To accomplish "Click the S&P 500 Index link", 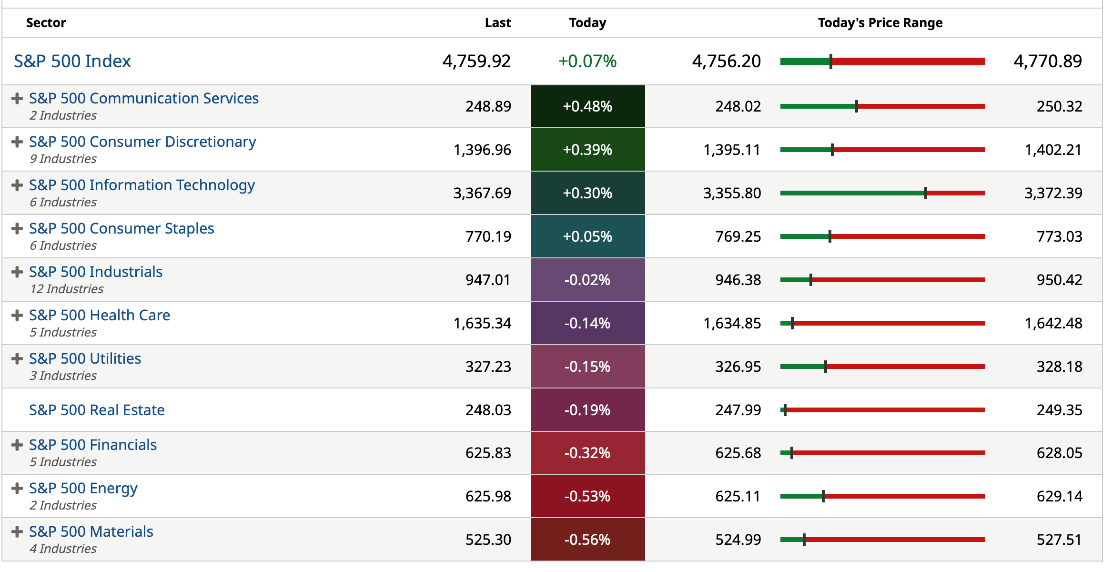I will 72,61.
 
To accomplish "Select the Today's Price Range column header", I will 880,23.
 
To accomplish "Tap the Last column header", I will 497,23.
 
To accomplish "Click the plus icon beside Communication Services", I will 17,99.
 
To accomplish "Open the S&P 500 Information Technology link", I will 142,185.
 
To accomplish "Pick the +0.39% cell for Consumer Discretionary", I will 587,150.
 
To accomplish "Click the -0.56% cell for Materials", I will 587,540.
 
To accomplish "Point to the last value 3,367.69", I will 482,193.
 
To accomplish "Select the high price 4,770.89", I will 1048,61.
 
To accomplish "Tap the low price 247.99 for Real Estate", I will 738,410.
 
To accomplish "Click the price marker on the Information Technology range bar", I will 926,193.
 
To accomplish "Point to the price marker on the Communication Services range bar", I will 857,106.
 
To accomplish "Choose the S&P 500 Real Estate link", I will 97,410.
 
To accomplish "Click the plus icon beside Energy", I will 17,489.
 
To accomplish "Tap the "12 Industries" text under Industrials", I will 67,289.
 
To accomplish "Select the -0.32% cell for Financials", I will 587,453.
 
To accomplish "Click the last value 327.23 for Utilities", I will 488,367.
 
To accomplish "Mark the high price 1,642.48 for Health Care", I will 1053,323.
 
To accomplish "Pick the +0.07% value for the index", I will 587,61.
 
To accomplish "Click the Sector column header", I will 46,23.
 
